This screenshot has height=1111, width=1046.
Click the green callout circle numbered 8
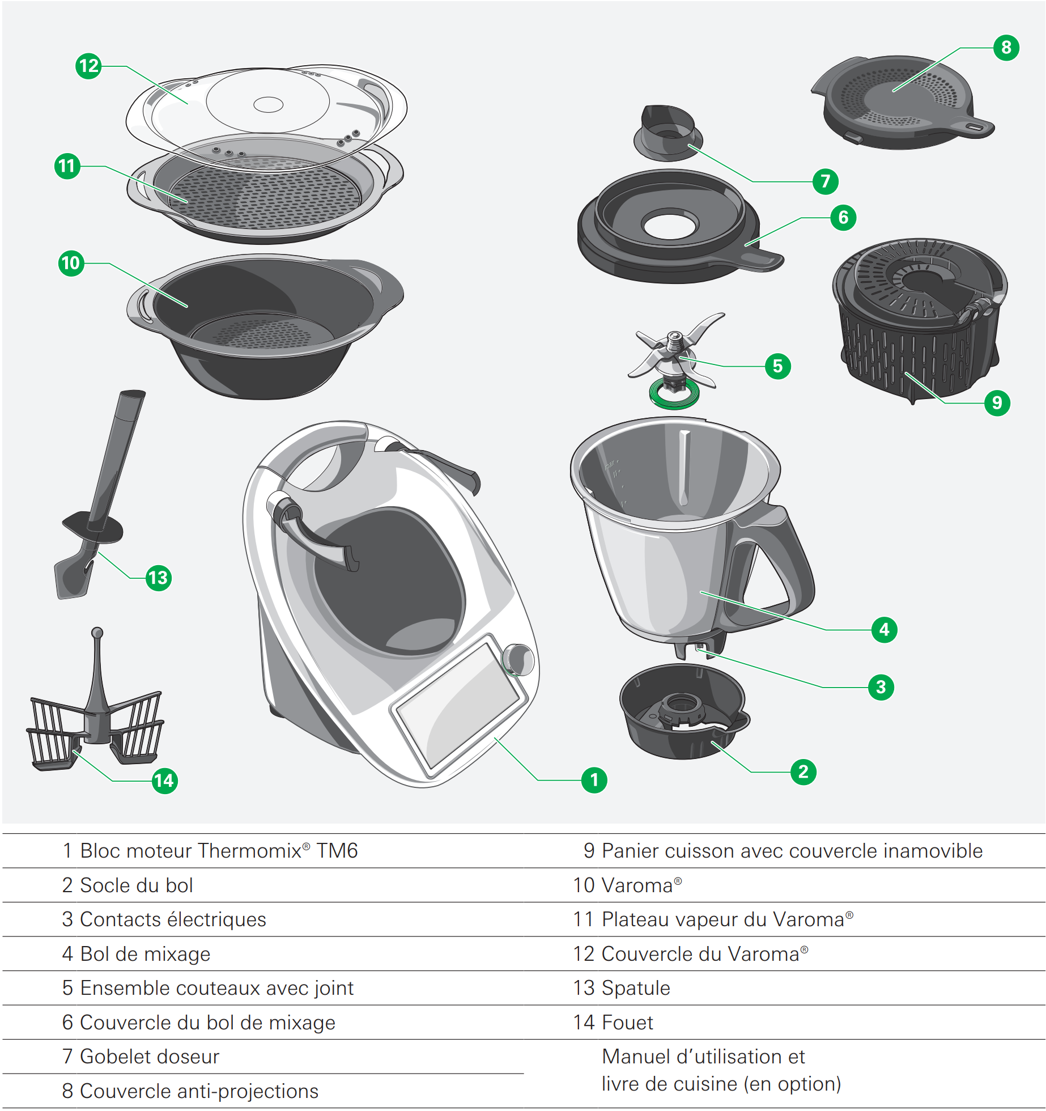[x=1006, y=48]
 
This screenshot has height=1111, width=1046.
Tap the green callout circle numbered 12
[x=88, y=66]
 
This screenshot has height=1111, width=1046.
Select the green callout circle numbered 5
[x=777, y=366]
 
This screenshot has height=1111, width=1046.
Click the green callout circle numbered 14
[x=164, y=781]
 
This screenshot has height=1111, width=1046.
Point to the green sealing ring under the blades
[x=674, y=397]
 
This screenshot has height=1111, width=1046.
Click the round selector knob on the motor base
[x=518, y=660]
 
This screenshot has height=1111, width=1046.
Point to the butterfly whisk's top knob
[x=97, y=632]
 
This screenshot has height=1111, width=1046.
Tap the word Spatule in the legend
[x=636, y=988]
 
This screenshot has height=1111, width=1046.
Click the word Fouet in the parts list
[x=627, y=1023]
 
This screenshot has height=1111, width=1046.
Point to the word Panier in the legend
[x=630, y=851]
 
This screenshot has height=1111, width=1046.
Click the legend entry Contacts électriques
[x=173, y=919]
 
